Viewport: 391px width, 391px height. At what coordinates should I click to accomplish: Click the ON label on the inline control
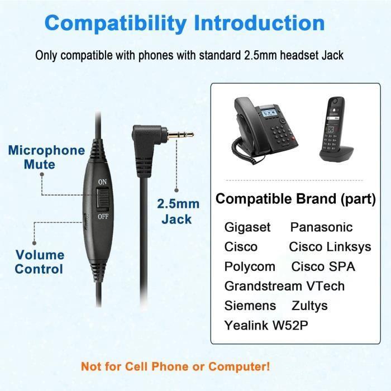[x=102, y=182]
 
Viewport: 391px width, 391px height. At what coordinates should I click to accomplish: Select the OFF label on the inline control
[x=102, y=216]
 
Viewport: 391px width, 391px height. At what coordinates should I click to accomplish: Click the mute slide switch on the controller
[x=102, y=199]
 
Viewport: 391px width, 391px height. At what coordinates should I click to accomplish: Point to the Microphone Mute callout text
[x=46, y=157]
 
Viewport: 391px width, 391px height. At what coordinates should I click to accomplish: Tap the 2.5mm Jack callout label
[x=177, y=211]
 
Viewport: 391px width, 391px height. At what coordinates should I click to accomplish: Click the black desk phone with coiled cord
[x=263, y=128]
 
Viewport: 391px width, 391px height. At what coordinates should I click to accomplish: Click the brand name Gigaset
[x=247, y=227]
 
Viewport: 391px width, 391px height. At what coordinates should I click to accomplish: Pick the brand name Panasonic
[x=321, y=227]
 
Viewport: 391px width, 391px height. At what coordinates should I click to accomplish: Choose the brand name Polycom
[x=250, y=266]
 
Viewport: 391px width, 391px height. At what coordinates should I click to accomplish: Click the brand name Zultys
[x=309, y=306]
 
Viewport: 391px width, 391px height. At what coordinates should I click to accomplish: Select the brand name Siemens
[x=250, y=306]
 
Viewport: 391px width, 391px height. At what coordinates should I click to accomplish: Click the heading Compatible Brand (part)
[x=295, y=199]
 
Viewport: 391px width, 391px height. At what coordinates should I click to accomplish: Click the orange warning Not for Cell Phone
[x=175, y=367]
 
